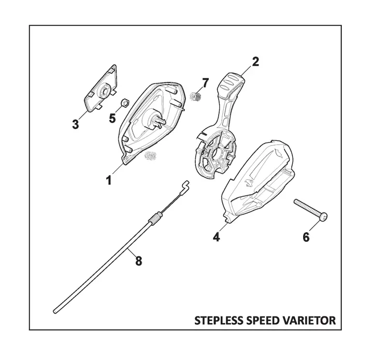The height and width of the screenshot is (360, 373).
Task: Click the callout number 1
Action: (109, 180)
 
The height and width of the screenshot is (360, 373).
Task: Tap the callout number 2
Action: (255, 62)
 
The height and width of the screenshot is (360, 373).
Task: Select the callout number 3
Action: (76, 124)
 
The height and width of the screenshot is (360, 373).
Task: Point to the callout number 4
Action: (217, 237)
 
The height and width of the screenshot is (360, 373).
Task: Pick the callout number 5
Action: (112, 118)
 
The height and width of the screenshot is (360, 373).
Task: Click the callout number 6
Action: (306, 237)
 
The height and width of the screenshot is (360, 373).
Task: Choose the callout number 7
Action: (205, 83)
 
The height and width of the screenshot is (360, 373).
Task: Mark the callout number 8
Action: (139, 261)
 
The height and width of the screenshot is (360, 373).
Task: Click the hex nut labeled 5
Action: (125, 103)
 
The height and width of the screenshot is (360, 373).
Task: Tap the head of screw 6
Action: (323, 217)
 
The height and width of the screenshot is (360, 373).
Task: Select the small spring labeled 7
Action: (196, 96)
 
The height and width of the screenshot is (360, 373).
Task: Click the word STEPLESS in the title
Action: (219, 321)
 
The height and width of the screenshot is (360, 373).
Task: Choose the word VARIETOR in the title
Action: (309, 321)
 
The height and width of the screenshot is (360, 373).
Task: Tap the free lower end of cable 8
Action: (55, 311)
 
